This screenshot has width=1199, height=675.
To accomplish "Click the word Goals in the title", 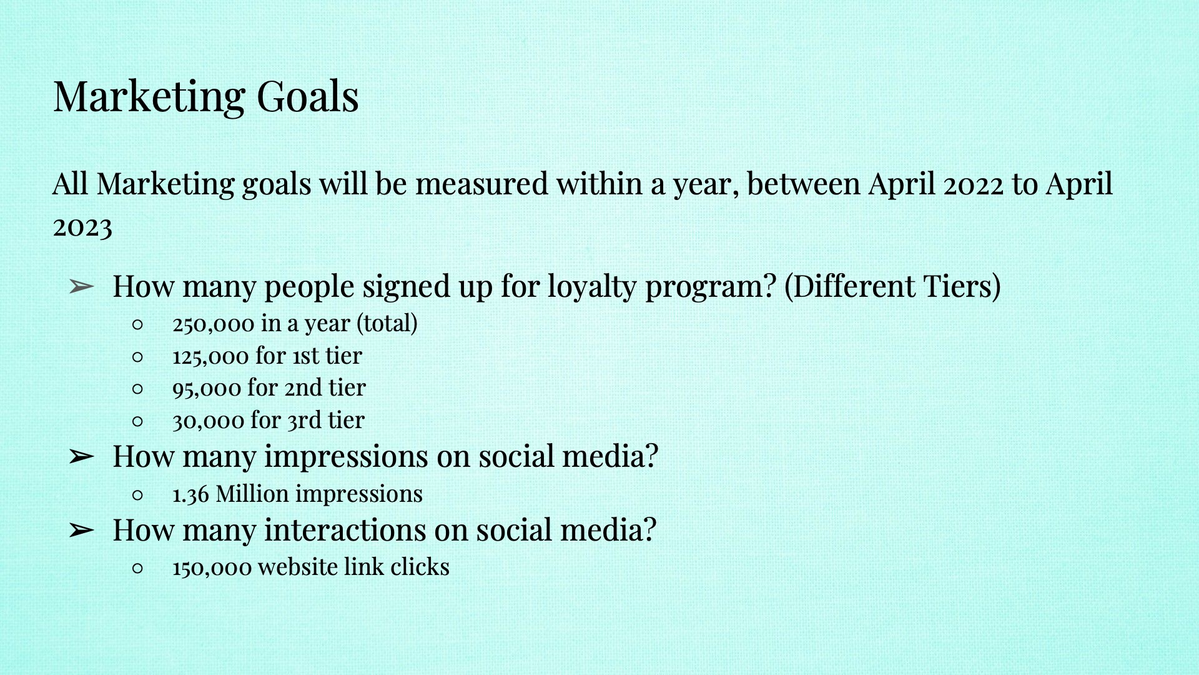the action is click(x=307, y=97).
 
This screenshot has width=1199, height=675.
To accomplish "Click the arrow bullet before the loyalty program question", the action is click(x=81, y=287).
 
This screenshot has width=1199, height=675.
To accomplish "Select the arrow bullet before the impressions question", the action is click(x=81, y=457).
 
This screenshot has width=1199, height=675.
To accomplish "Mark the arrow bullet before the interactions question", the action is click(x=81, y=531).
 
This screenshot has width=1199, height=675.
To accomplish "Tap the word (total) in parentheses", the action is click(x=387, y=324).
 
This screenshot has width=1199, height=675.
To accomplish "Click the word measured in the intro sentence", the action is click(x=482, y=184).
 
